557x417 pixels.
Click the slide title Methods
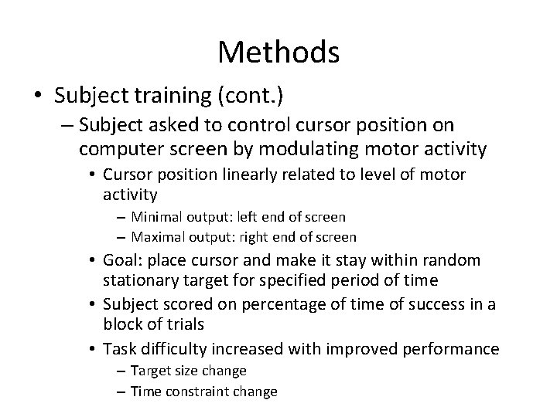(x=278, y=53)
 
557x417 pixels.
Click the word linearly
(x=255, y=175)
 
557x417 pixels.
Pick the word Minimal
(x=155, y=217)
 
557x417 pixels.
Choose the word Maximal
(x=157, y=237)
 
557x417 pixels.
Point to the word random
(x=453, y=261)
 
